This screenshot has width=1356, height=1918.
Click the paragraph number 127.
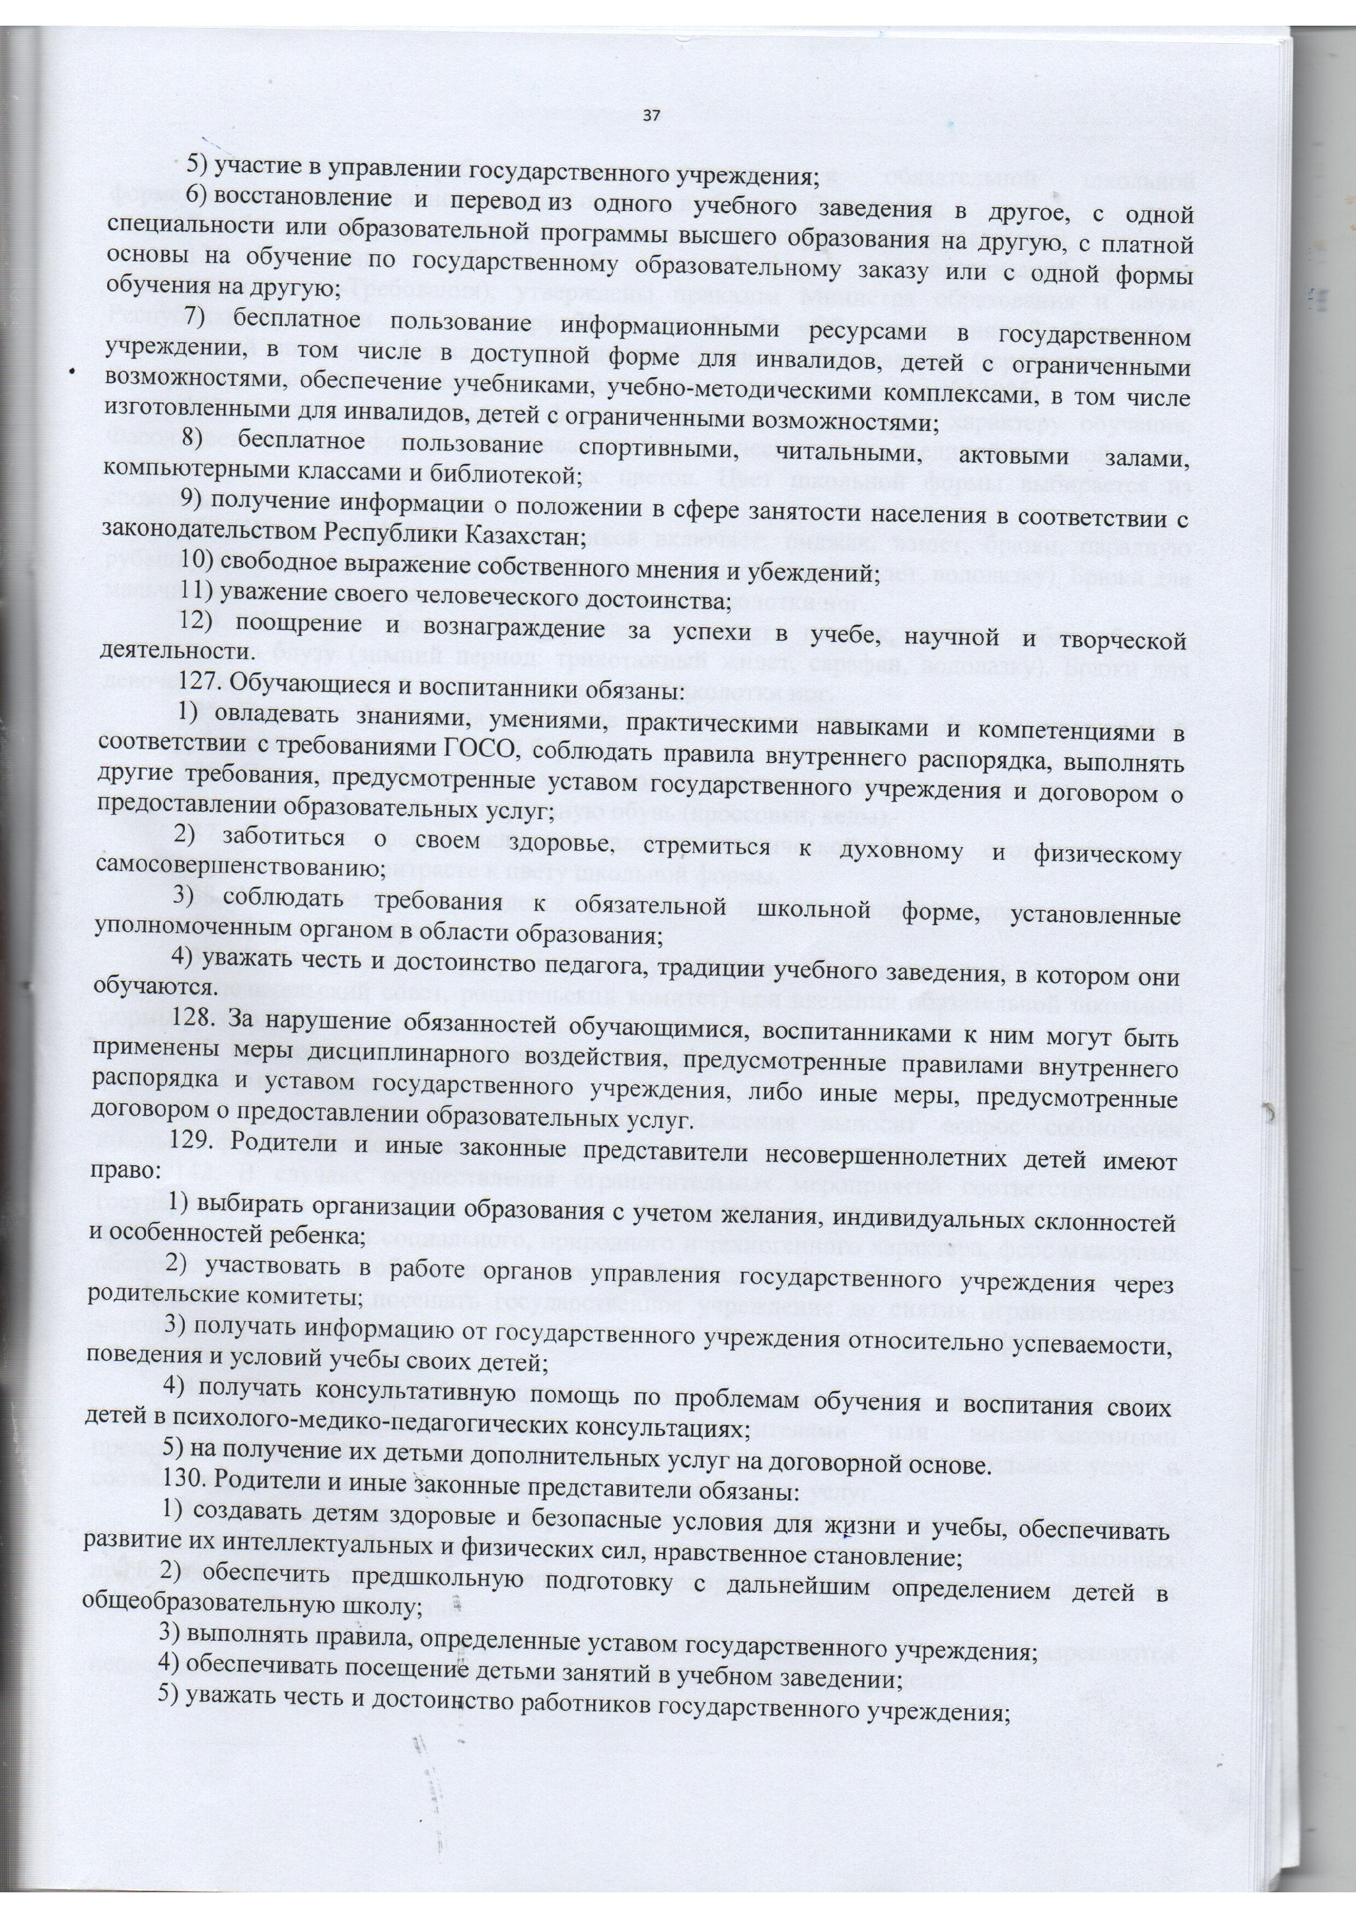(197, 693)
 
